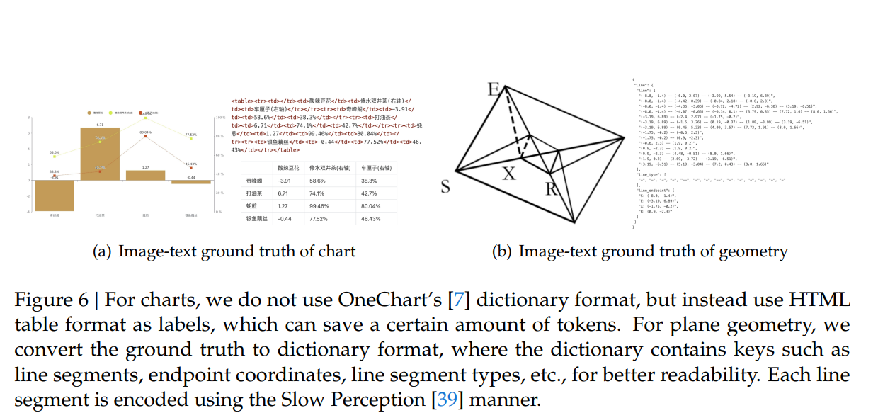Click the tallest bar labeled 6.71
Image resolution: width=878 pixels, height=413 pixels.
coord(100,153)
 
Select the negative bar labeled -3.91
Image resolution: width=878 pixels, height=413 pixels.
coord(54,195)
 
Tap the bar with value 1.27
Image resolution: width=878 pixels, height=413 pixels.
coord(146,175)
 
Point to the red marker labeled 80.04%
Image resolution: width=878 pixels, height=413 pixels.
coord(146,137)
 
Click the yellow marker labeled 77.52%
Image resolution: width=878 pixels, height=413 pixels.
coord(191,140)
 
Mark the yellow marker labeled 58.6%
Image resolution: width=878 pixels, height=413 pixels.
coord(54,157)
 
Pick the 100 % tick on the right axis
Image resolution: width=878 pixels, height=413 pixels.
coord(219,118)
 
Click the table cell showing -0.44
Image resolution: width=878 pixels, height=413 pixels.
coord(285,219)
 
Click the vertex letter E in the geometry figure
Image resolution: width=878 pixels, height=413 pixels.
coord(494,89)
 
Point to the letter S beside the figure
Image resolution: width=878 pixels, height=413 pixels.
coord(445,187)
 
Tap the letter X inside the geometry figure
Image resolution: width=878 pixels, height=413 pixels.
coord(508,174)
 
